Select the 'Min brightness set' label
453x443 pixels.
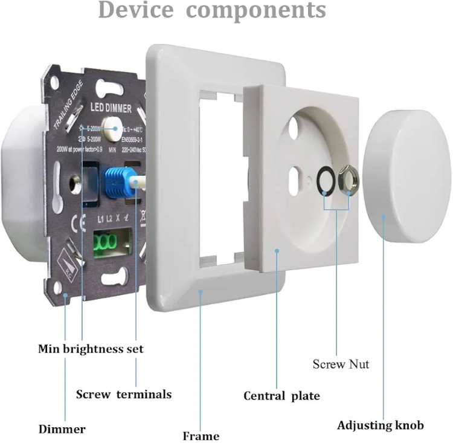click(x=91, y=349)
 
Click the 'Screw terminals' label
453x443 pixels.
click(x=123, y=394)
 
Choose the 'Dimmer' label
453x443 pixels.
click(x=62, y=430)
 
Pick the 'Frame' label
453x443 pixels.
click(x=201, y=435)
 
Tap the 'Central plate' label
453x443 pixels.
click(x=281, y=396)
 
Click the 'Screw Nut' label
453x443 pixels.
click(x=341, y=364)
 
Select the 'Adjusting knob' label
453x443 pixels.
click(x=381, y=425)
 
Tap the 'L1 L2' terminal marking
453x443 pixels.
click(x=106, y=218)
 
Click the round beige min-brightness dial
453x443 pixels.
click(x=111, y=126)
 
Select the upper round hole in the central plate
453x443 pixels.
click(x=294, y=126)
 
